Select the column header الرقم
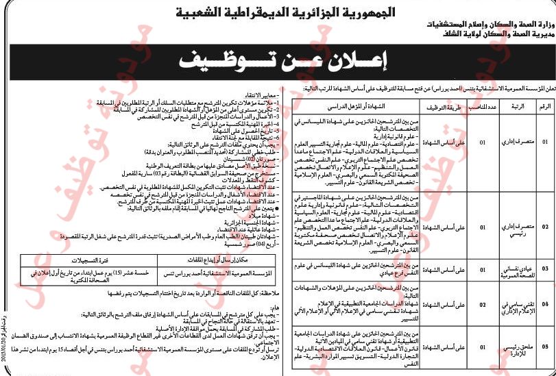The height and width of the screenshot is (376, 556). click(545, 106)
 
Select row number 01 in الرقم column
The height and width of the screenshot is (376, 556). click(545, 142)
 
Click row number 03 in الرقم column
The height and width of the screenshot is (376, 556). click(545, 267)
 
